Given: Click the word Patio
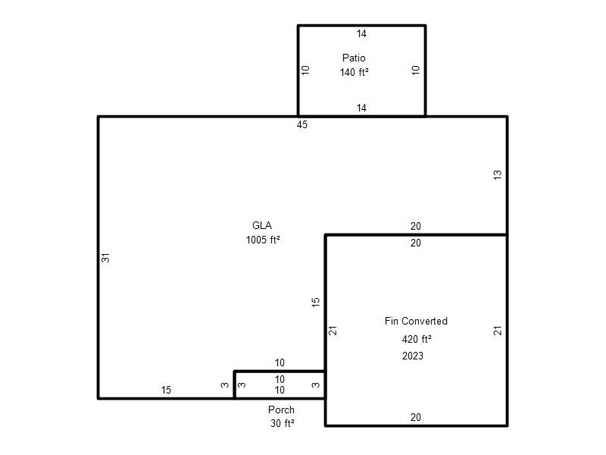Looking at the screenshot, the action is pos(354,58).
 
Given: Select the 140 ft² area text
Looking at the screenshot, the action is pos(354,72).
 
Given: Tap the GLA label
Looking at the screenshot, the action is pos(261,225).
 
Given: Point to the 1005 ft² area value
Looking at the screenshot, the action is pos(263,240).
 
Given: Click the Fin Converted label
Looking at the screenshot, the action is pos(416,321).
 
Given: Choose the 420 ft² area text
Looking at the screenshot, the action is pos(416,339).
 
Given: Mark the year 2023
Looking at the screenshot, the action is pos(412,356).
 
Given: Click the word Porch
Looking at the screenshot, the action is pos(281,409).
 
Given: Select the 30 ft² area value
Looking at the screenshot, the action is pos(282,423).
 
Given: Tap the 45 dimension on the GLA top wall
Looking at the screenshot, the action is pos(301,124).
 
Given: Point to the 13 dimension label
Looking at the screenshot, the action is pos(498,174).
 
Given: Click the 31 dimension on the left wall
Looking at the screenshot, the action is pos(105,258).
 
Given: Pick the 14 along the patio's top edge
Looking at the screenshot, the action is pos(361,33).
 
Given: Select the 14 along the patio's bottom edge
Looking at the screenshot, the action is pos(361,108).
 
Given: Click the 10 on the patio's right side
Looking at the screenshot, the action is pos(415,70).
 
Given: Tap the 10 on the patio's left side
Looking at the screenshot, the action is pos(305,70).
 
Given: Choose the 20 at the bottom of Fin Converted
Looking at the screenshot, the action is pos(415,417).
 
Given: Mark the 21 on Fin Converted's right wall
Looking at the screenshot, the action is pos(498,331).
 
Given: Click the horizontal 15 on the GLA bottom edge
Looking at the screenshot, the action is pos(166,390).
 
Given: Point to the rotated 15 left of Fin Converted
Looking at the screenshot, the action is pos(316,302).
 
